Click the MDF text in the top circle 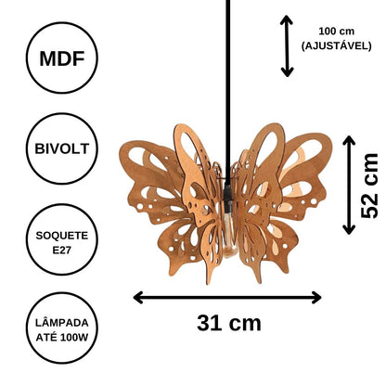[62, 58]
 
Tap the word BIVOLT [62, 148]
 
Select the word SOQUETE [62, 236]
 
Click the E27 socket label [62, 250]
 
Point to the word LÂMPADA [62, 323]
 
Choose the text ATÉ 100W [62, 337]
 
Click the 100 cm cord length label [337, 32]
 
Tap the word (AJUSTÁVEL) [337, 45]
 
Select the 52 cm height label [369, 186]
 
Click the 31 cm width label [229, 323]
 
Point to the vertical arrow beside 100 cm [287, 46]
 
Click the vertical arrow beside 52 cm [349, 185]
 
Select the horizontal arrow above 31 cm [227, 298]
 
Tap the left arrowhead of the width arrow [137, 298]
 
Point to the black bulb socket [228, 198]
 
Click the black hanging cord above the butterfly [228, 93]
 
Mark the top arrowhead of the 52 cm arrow [349, 140]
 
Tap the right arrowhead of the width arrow [317, 298]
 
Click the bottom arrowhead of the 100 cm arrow [287, 72]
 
